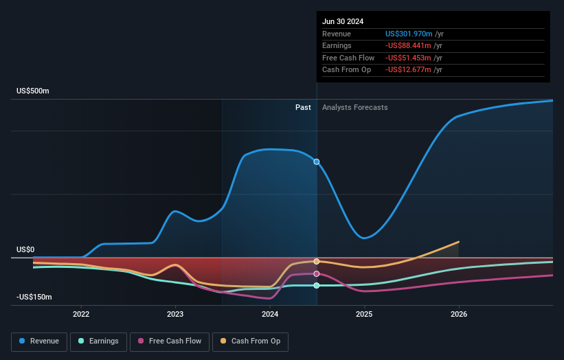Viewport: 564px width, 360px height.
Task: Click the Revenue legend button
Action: [39, 341]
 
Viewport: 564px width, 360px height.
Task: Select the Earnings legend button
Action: [98, 341]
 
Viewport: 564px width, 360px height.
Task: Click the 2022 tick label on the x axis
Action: [81, 314]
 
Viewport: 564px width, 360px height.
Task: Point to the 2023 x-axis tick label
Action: [175, 314]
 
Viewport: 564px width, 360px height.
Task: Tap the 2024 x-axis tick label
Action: [270, 314]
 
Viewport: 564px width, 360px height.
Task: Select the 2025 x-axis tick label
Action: [364, 314]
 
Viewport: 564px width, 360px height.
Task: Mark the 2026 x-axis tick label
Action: [459, 314]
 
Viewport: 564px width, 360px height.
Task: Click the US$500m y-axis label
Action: [33, 91]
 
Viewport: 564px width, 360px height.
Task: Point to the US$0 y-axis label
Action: [26, 250]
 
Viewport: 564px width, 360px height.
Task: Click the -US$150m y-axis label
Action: [34, 297]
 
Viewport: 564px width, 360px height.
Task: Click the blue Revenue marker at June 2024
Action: [317, 162]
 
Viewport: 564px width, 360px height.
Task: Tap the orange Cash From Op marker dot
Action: [317, 262]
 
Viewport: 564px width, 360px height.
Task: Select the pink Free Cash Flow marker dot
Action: [317, 273]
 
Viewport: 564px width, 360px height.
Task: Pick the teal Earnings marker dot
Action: [317, 285]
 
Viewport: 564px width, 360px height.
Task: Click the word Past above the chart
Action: [303, 108]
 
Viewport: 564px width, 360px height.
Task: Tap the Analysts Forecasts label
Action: [354, 108]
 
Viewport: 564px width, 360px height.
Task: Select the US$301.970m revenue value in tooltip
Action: [409, 34]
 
